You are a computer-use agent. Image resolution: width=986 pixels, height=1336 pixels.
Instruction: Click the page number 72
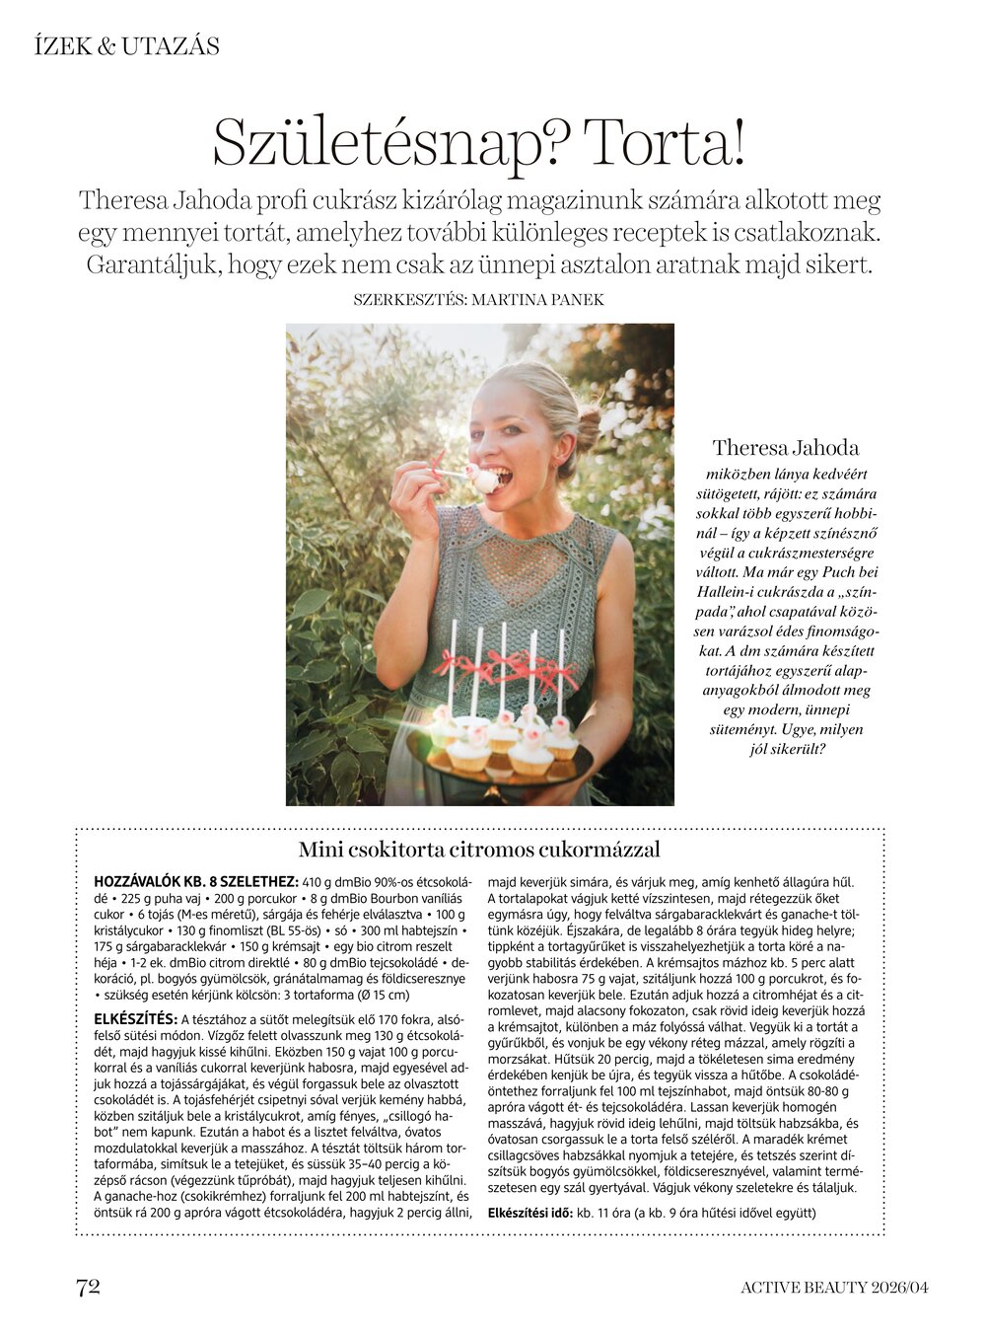tap(88, 1286)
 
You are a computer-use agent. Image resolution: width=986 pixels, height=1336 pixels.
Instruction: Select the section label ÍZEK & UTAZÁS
tap(126, 46)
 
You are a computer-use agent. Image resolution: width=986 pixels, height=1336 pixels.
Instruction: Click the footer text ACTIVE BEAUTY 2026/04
tap(834, 1287)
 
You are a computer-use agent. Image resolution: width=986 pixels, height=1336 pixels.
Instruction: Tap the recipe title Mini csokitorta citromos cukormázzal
tap(479, 850)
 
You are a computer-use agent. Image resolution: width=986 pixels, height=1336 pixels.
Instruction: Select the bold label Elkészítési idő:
tap(530, 1213)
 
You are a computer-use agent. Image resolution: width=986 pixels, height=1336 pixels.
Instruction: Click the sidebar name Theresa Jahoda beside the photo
tap(786, 448)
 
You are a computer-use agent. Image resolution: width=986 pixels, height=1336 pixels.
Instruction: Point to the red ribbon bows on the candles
tap(508, 666)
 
